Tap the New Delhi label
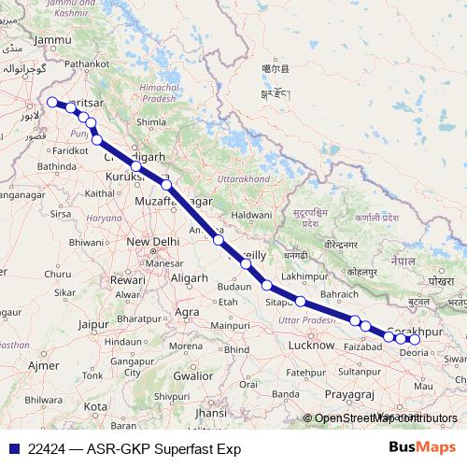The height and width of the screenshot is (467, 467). (x=152, y=242)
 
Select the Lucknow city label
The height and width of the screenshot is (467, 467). (x=312, y=345)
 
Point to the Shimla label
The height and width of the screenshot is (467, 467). (x=150, y=121)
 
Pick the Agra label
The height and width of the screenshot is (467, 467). (x=189, y=311)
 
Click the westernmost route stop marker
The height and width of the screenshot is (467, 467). (x=51, y=103)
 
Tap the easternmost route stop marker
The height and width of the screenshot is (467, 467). (x=416, y=339)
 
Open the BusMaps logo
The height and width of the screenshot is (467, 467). (x=421, y=447)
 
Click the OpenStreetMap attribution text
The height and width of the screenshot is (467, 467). (x=386, y=418)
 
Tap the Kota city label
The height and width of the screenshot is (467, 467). (x=94, y=407)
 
